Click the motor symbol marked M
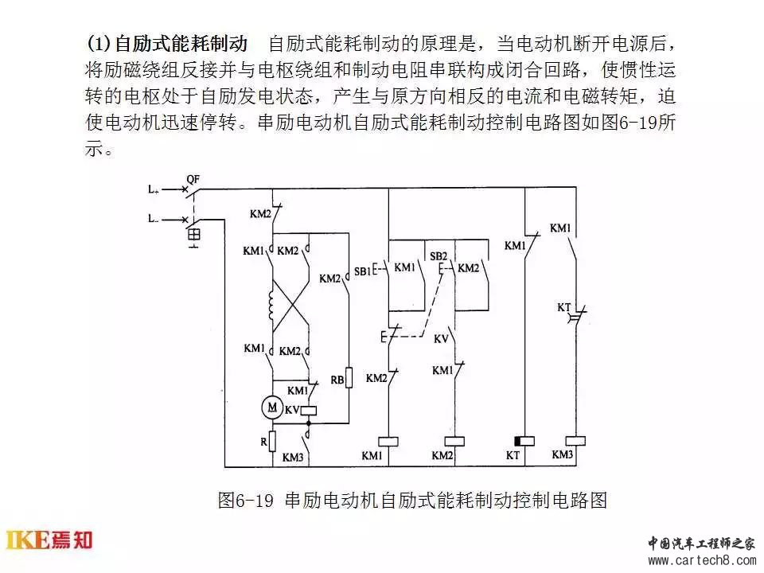tap(272, 407)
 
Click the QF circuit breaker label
tap(193, 180)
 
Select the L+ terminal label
tap(154, 189)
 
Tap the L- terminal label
tap(154, 219)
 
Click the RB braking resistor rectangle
tap(349, 377)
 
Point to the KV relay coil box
tap(309, 411)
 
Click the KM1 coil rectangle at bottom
tap(388, 442)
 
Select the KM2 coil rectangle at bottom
tap(454, 442)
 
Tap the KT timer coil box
tap(524, 442)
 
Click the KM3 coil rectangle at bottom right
tap(575, 441)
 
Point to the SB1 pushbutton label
tap(362, 271)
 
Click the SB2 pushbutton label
tap(439, 256)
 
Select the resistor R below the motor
tap(273, 441)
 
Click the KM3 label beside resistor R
tap(293, 457)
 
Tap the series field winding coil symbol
tap(271, 306)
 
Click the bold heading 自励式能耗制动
tap(181, 44)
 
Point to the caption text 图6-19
tap(246, 500)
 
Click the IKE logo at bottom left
tap(49, 540)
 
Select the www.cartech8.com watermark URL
tap(702, 560)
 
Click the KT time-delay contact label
tap(563, 307)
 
